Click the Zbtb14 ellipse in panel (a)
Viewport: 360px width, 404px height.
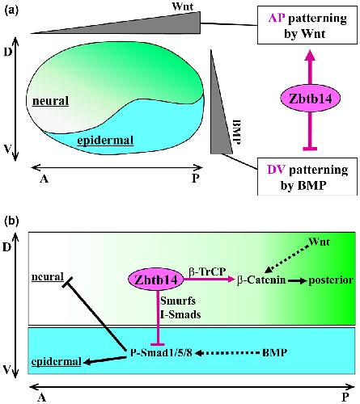[x=310, y=99]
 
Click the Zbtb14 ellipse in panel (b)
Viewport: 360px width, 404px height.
[x=156, y=280]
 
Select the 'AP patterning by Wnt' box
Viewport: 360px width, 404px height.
[x=307, y=25]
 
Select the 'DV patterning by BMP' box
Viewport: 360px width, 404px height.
[x=307, y=176]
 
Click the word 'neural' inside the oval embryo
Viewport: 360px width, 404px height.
[x=50, y=101]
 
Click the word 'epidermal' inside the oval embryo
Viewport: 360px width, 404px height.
[x=105, y=141]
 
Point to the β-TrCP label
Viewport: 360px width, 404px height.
[x=207, y=271]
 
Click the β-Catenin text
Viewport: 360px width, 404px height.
[x=261, y=280]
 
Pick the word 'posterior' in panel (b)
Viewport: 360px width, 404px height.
[x=331, y=280]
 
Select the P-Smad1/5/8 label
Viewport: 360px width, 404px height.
[x=161, y=352]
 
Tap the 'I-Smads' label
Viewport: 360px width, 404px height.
[x=180, y=314]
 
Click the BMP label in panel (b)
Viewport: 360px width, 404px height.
[x=274, y=352]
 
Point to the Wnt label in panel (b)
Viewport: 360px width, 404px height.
[x=320, y=242]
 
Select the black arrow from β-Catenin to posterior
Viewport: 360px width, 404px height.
[x=298, y=280]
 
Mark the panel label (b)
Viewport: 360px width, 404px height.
[x=11, y=221]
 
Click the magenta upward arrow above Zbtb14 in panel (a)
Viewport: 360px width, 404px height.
[x=310, y=67]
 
